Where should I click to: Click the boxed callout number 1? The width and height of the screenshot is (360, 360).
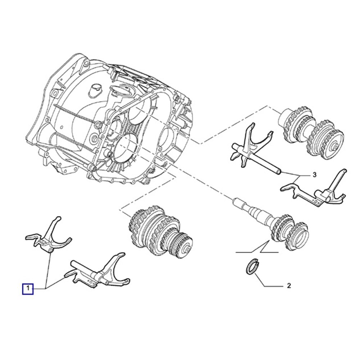(x=28, y=289)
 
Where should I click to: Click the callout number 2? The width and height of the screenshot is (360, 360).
(x=289, y=285)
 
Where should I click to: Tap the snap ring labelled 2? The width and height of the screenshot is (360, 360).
(x=252, y=266)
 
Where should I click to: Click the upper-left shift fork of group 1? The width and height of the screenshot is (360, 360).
(x=49, y=235)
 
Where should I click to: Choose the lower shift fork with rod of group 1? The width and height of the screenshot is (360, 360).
(x=97, y=271)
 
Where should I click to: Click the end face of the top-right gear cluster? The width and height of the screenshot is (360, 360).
(x=334, y=147)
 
